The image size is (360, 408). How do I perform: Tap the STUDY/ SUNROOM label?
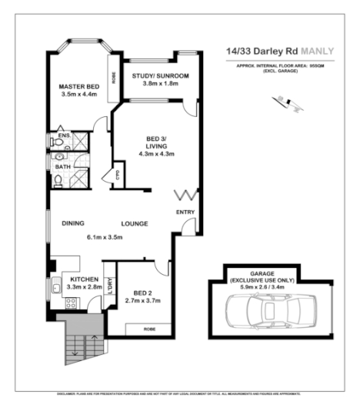pyautogui.click(x=160, y=75)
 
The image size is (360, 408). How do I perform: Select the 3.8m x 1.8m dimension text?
pyautogui.click(x=160, y=83)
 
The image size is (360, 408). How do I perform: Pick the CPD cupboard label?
pyautogui.click(x=118, y=173)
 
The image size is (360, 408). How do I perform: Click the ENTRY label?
pyautogui.click(x=185, y=212)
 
